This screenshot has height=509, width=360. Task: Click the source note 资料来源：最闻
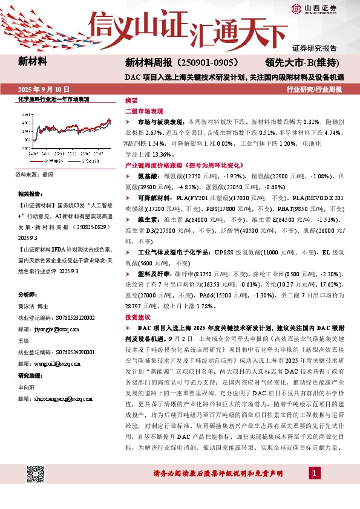36,174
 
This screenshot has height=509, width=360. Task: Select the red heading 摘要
131,100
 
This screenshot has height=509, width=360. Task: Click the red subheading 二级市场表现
144,111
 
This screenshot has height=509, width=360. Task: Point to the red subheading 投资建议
138,317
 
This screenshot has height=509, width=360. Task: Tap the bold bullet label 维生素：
151,221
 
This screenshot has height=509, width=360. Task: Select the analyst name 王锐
25,341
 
